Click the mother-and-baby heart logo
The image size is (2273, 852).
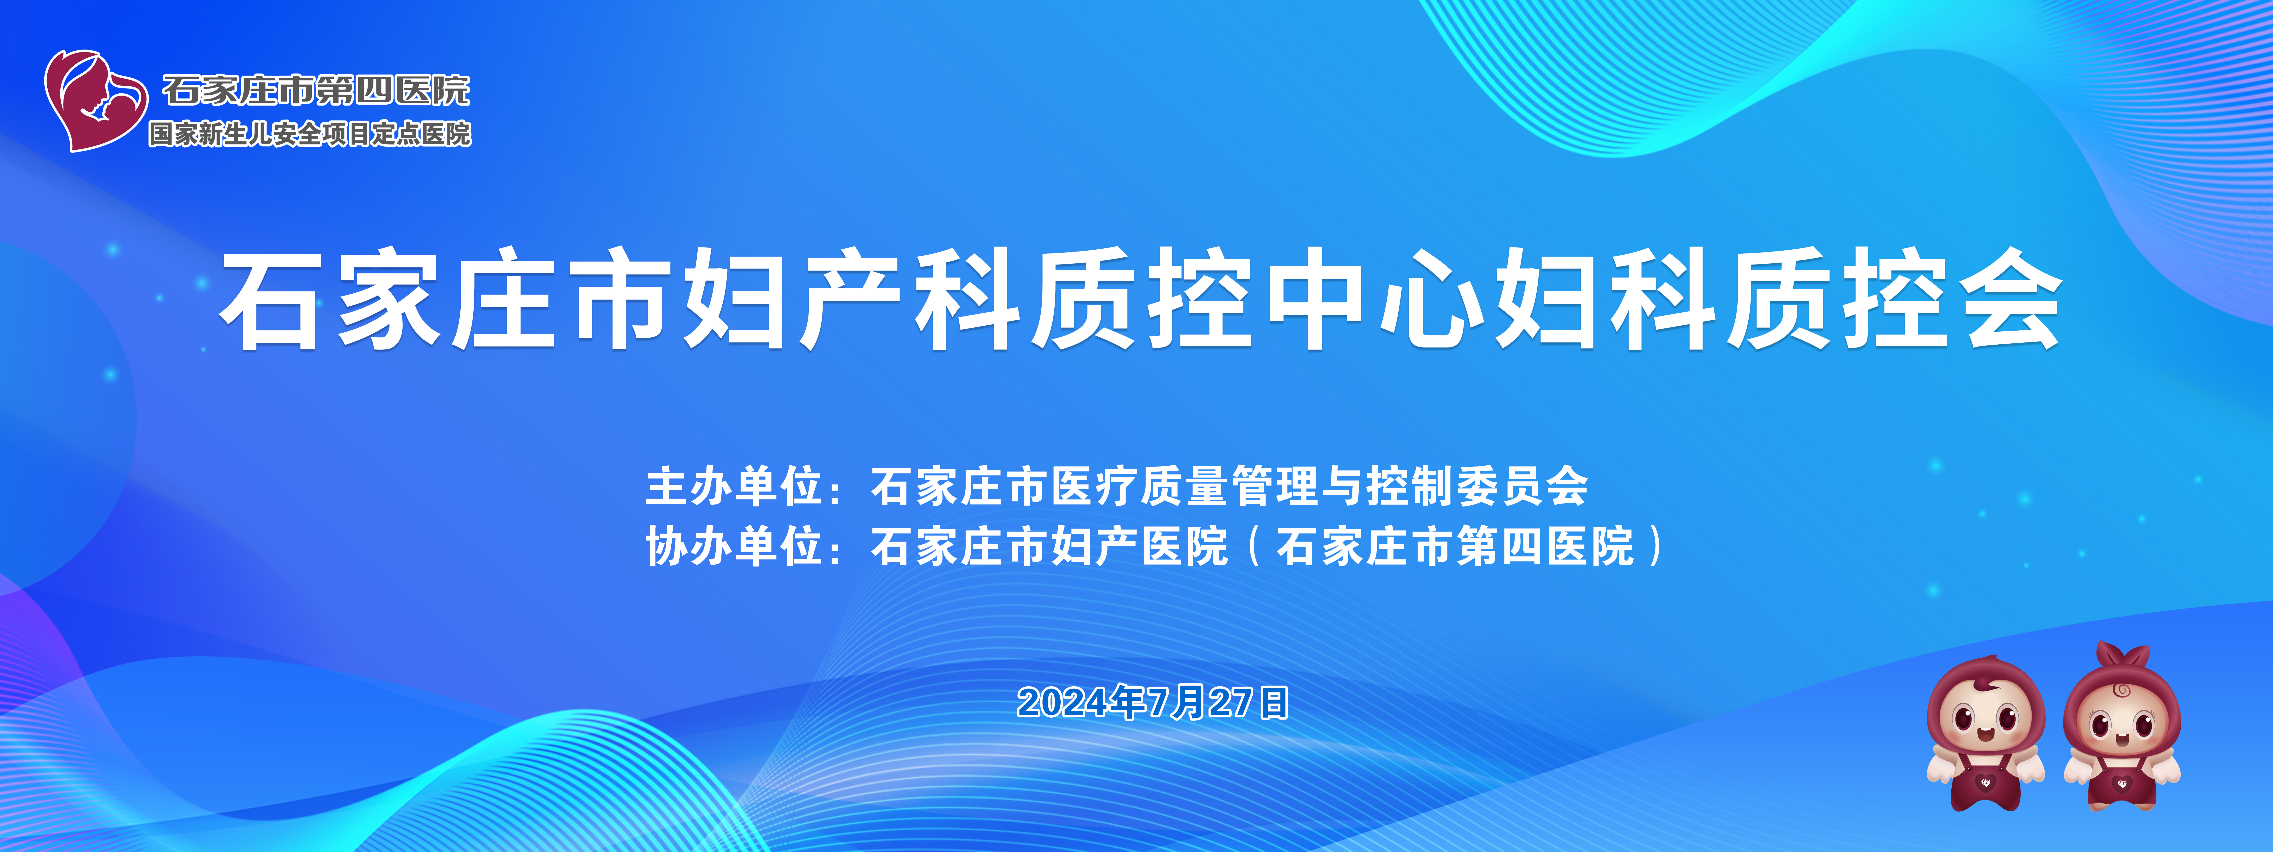pos(95,100)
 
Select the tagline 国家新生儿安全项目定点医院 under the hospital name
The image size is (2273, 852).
pos(310,134)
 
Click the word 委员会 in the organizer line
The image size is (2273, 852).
pos(1522,486)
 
